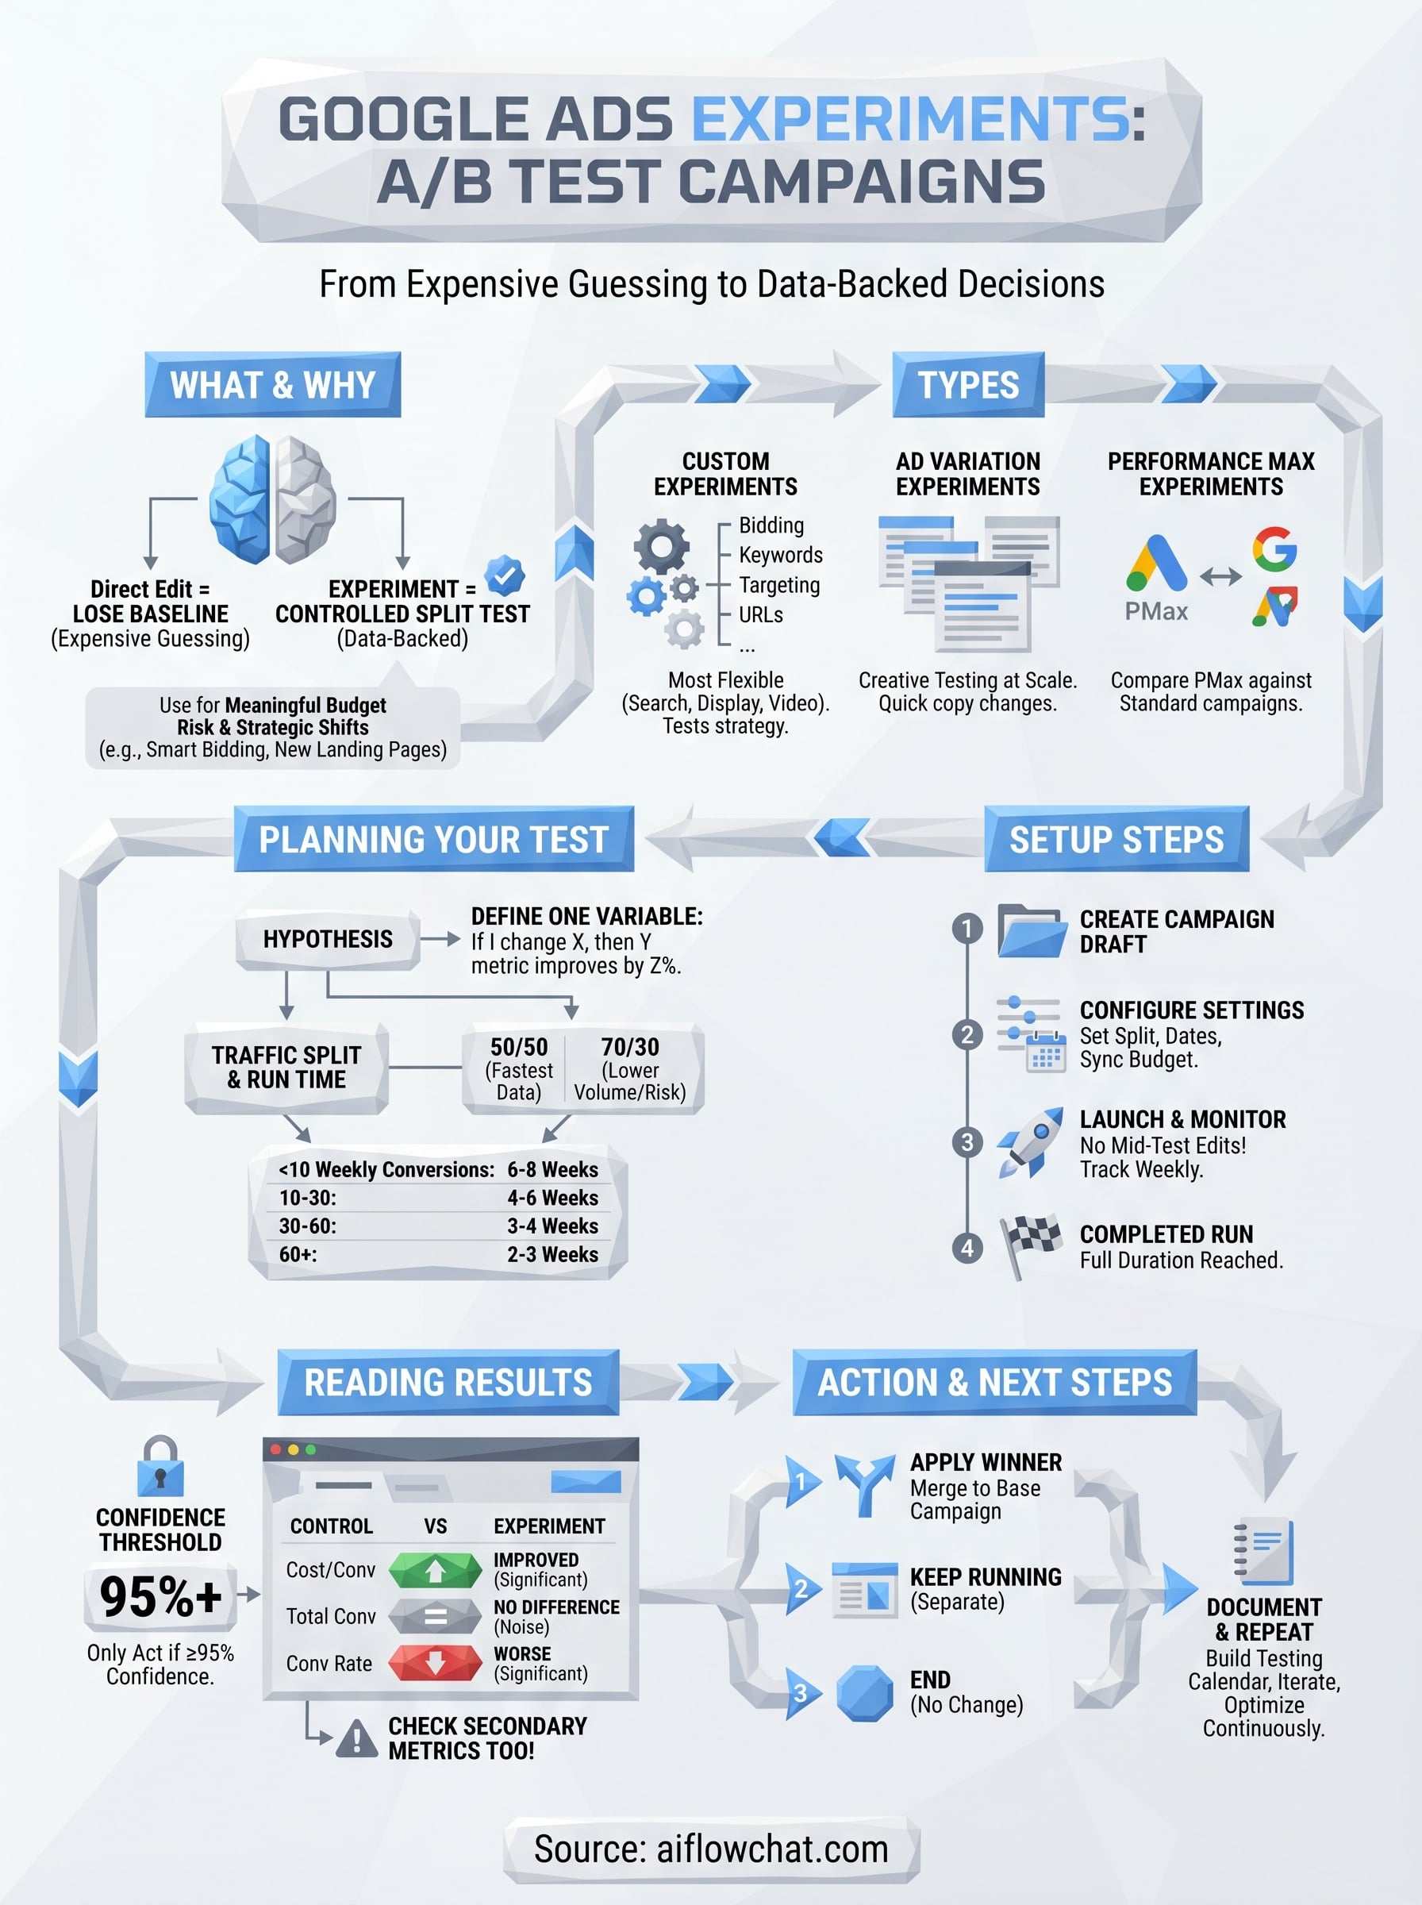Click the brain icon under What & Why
point(272,499)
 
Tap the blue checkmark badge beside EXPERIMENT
point(505,576)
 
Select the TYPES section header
point(968,385)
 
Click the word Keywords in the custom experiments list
point(780,556)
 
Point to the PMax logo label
point(1156,611)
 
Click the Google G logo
point(1275,549)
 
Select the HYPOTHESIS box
point(328,939)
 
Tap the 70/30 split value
point(630,1047)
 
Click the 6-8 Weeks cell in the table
point(552,1170)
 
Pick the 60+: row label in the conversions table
point(298,1254)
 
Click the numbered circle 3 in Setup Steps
point(967,1142)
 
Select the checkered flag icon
point(1032,1245)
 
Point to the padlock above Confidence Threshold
point(160,1466)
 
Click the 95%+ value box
point(161,1598)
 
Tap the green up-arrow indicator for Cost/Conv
point(435,1570)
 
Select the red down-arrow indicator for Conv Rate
point(435,1663)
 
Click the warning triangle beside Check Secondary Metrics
point(356,1739)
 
